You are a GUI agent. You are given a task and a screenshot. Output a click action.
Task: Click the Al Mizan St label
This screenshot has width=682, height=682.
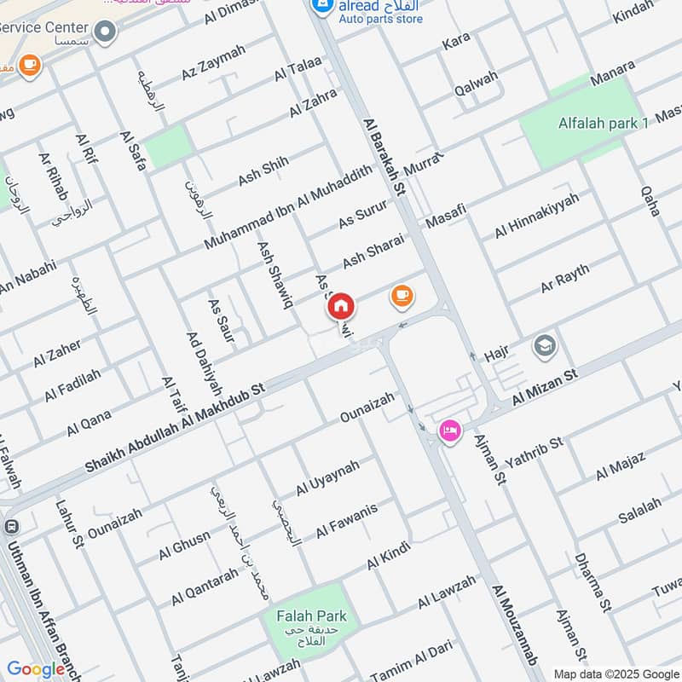pyautogui.click(x=545, y=388)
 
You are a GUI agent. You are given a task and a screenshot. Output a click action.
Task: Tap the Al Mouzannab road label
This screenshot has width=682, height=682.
pyautogui.click(x=515, y=625)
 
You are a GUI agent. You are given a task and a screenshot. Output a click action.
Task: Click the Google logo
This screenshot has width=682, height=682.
pyautogui.click(x=36, y=669)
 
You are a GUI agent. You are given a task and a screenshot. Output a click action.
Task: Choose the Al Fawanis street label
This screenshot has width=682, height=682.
pyautogui.click(x=346, y=521)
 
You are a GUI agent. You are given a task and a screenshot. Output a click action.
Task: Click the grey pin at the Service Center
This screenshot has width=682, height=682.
pyautogui.click(x=105, y=33)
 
